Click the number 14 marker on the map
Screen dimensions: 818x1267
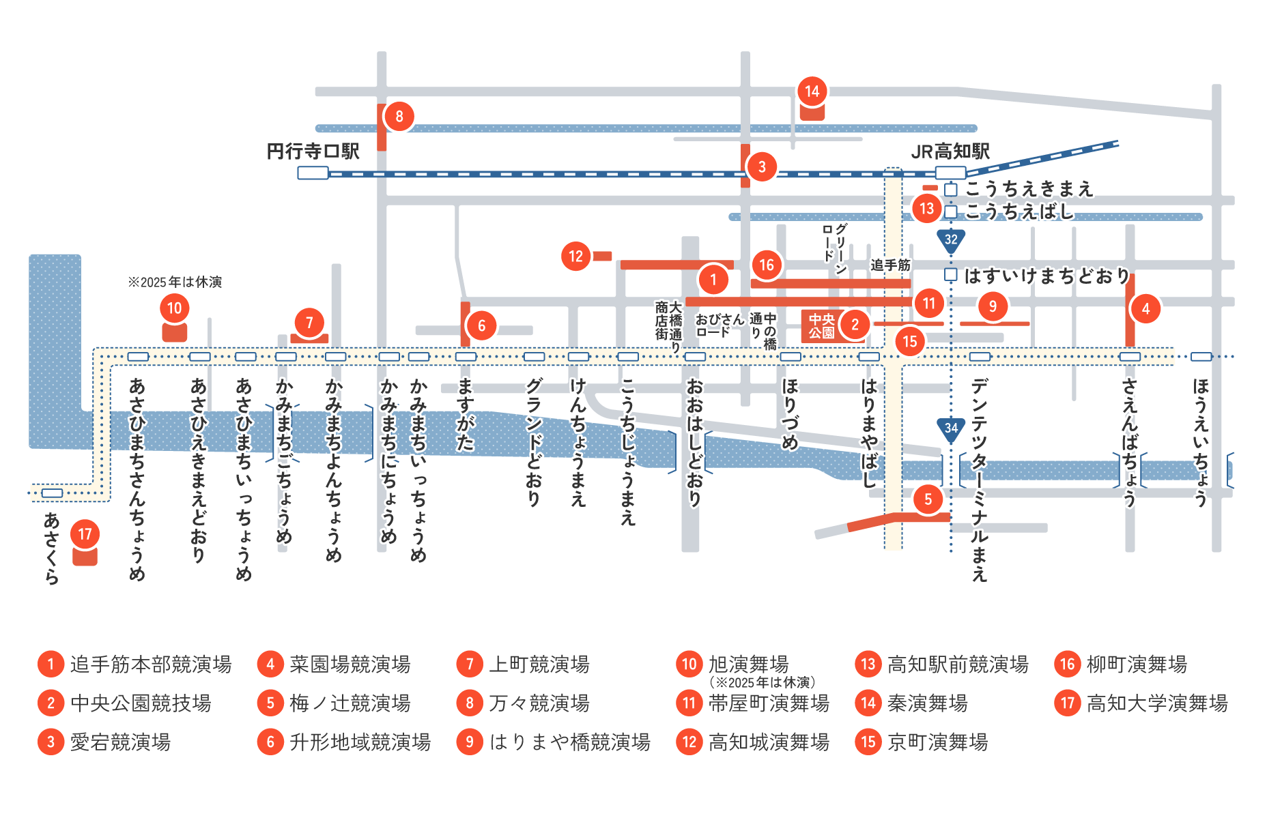pos(812,91)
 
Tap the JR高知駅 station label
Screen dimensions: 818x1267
pos(950,151)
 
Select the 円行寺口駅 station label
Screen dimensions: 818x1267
pos(313,151)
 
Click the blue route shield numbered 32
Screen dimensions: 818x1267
pos(951,240)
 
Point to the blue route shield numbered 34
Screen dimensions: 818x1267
pos(951,429)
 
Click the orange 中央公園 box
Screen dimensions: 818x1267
pos(821,326)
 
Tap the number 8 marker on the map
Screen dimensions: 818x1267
pos(399,117)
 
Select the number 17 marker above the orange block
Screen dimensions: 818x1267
pos(85,534)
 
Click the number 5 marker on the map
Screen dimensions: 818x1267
pos(928,499)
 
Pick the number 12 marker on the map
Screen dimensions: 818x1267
pos(576,257)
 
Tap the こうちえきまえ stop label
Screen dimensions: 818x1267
pos(1029,188)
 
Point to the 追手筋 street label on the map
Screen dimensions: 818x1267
pos(890,265)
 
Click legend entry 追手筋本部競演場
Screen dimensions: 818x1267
pos(150,664)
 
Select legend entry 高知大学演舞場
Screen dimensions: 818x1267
pos(1156,703)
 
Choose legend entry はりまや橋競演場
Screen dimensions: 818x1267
pos(569,742)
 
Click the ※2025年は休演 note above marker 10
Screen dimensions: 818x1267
pos(175,282)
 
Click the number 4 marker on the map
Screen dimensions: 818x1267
pos(1145,309)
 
